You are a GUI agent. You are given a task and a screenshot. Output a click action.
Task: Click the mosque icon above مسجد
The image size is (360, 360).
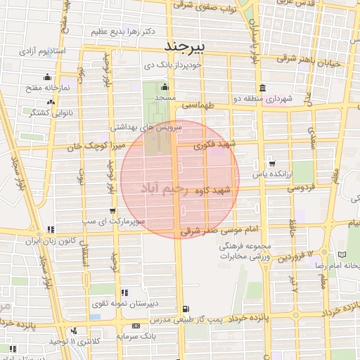tap(165, 88)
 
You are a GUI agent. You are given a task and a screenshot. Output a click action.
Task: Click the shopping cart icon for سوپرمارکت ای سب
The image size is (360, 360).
tap(112, 210)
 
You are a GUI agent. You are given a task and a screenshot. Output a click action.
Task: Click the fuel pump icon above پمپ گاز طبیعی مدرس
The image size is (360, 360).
tap(185, 308)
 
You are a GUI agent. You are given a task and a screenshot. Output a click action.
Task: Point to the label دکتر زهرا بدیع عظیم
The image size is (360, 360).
tap(122, 32)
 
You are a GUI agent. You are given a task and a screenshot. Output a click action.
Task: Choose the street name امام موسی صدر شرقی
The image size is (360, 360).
tap(221, 229)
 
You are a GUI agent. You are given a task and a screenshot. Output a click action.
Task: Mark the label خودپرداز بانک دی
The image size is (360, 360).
tap(173, 65)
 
